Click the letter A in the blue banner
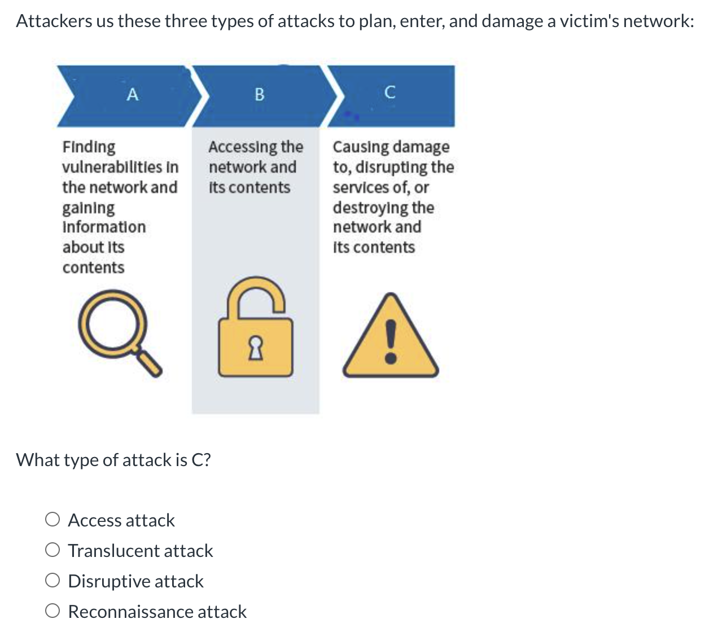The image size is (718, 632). click(132, 94)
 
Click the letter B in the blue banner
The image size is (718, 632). click(259, 94)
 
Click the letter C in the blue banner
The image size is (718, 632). click(389, 93)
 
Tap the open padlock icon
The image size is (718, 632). click(256, 328)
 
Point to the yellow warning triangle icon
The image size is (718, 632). click(390, 338)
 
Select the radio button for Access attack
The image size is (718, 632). click(52, 520)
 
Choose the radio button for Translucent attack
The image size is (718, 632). click(52, 550)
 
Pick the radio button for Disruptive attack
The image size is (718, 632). click(52, 581)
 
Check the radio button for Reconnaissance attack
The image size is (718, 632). click(52, 611)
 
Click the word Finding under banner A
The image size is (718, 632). click(89, 147)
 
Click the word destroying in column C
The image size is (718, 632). click(370, 208)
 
